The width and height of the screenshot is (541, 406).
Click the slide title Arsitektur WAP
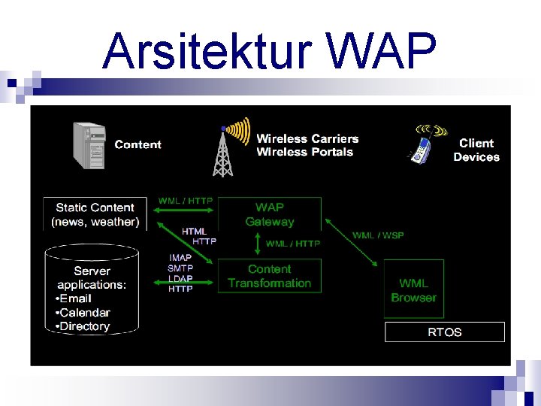pyautogui.click(x=269, y=51)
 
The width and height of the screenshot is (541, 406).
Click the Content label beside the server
pyautogui.click(x=138, y=144)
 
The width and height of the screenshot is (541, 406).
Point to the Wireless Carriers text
pyautogui.click(x=307, y=138)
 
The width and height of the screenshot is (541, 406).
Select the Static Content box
pyautogui.click(x=95, y=214)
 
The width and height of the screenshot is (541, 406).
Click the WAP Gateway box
pyautogui.click(x=269, y=214)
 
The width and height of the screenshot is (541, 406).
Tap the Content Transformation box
pyautogui.click(x=269, y=276)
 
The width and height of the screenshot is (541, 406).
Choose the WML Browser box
pyautogui.click(x=413, y=290)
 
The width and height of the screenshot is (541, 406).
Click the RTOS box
pyautogui.click(x=444, y=332)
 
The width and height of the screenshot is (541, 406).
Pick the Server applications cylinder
pyautogui.click(x=92, y=289)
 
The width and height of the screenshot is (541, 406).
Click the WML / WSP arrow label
pyautogui.click(x=378, y=235)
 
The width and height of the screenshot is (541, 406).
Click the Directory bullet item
pyautogui.click(x=84, y=326)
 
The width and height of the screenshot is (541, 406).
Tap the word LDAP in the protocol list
pyautogui.click(x=180, y=278)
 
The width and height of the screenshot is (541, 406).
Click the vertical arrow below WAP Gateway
pyautogui.click(x=257, y=244)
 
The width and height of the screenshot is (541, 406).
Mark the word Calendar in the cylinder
pyautogui.click(x=84, y=313)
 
